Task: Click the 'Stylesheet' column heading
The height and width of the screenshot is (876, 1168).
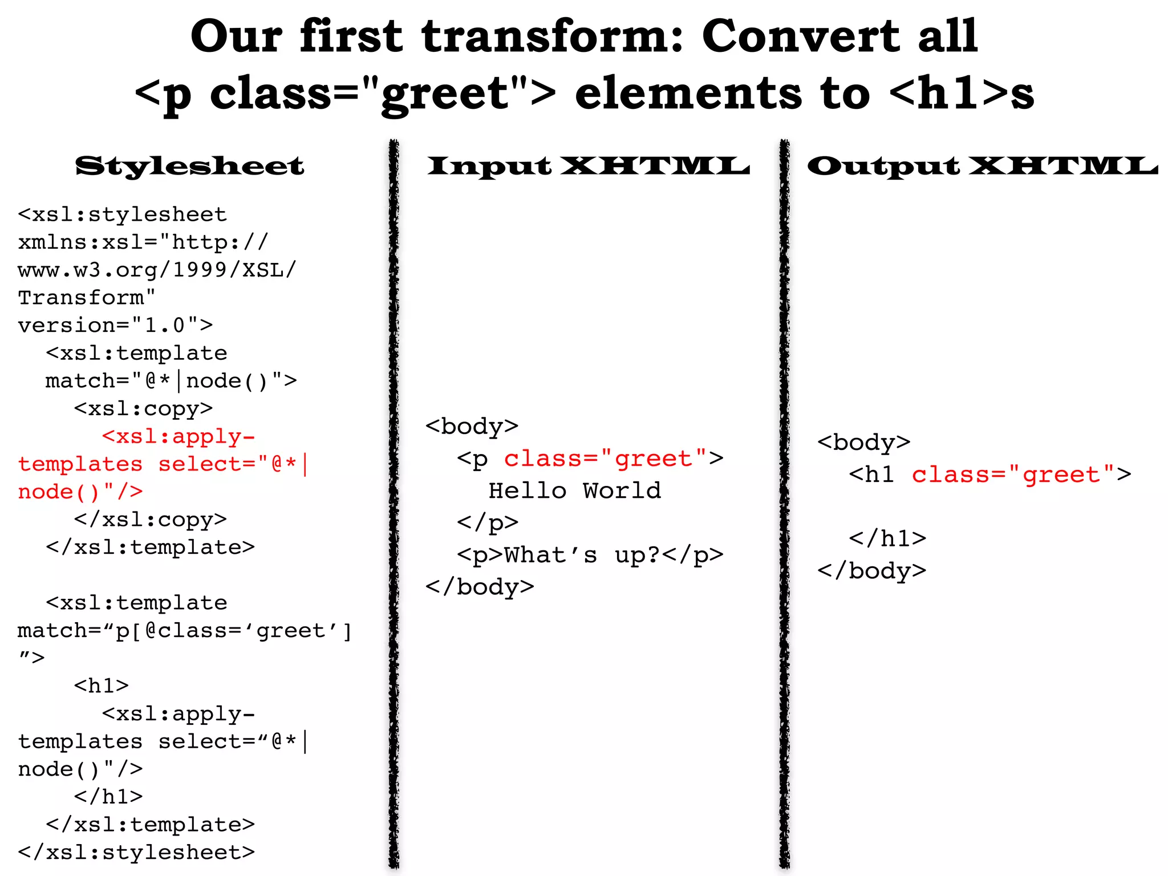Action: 189,166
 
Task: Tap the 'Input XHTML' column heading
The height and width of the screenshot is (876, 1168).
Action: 588,166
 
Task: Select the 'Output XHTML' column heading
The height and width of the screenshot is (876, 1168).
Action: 982,166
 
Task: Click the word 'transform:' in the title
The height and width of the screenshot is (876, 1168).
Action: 552,36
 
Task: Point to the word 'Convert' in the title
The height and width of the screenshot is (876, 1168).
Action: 801,36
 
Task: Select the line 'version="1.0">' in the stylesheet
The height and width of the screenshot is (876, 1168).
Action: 115,325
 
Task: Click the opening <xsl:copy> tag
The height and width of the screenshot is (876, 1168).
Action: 143,408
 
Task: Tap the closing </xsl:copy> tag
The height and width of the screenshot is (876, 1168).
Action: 150,520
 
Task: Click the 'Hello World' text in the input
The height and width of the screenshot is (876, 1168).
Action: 575,491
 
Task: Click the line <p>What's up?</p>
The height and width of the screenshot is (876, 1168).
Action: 590,555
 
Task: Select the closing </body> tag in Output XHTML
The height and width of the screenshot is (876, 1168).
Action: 871,571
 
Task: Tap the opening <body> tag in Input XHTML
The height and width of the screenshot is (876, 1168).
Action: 472,427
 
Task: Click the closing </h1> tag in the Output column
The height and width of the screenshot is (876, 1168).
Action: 887,538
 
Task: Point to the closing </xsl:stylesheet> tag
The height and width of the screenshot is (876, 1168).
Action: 136,852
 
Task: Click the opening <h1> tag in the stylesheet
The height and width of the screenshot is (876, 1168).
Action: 102,686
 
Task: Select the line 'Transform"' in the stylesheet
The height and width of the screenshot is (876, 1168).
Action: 87,298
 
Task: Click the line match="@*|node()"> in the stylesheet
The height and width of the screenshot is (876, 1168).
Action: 171,381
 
